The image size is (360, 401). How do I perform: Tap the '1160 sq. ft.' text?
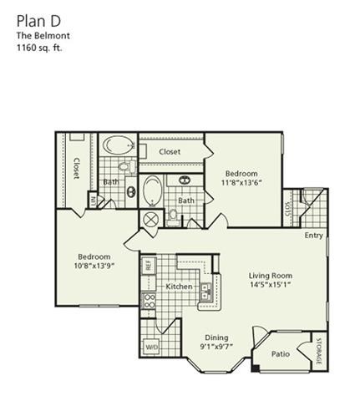38,48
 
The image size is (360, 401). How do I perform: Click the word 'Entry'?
313,236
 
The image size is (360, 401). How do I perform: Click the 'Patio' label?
281,354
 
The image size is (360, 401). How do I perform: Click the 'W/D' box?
152,346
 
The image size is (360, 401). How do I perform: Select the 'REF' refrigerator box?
148,265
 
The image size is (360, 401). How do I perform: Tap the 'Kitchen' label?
180,287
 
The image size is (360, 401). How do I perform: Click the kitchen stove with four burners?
151,301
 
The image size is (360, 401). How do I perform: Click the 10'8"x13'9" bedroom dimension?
94,266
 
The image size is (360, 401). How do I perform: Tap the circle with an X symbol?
151,220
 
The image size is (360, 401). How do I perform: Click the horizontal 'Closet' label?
170,152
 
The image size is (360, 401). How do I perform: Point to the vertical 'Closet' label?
76,168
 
